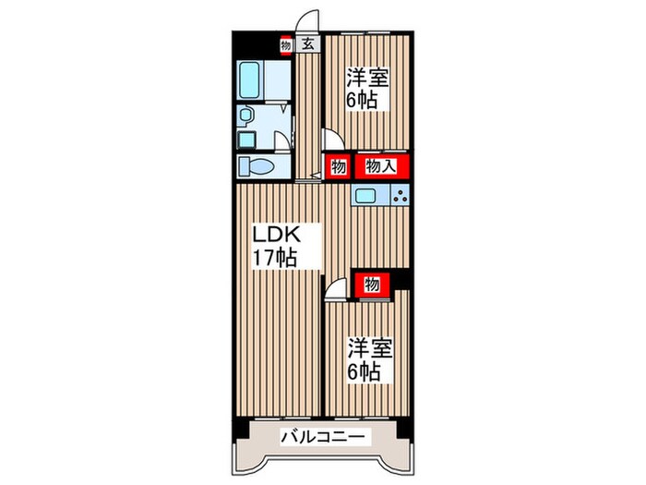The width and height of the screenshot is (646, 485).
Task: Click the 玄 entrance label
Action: coord(308,43)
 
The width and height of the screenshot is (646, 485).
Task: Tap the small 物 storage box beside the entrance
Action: coord(287,43)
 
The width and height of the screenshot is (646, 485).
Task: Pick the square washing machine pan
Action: coord(246,139)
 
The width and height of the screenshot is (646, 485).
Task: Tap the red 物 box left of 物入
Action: coord(338,167)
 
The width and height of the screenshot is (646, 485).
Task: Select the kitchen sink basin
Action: coord(365,195)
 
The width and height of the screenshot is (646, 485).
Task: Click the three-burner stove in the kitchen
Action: coord(400,195)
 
